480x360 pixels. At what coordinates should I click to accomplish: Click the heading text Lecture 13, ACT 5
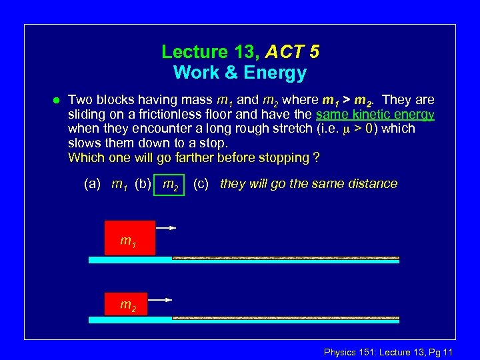[240, 52]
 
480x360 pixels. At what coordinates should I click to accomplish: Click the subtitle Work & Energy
[240, 72]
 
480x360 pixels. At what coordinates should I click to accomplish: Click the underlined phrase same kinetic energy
[375, 115]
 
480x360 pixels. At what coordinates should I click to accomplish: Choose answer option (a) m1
[107, 184]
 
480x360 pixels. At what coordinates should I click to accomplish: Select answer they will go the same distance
[308, 184]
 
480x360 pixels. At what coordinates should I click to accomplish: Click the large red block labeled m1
[129, 237]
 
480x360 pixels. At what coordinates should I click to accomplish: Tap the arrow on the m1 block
[166, 228]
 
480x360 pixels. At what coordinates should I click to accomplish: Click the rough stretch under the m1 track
[285, 258]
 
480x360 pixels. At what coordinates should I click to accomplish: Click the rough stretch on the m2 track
[285, 318]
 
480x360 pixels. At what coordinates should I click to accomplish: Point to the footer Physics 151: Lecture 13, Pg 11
[388, 352]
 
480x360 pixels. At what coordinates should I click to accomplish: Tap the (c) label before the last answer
[201, 184]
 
